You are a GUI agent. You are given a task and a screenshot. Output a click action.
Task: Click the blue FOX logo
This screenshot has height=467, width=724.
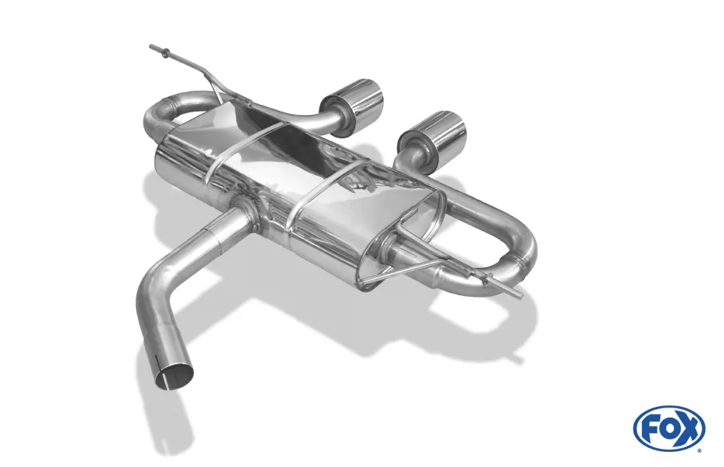click(x=668, y=428)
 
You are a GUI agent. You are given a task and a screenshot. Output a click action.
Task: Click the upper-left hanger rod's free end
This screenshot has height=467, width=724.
click(x=152, y=47)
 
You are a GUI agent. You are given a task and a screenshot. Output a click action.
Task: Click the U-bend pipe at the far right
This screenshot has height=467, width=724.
click(x=525, y=250)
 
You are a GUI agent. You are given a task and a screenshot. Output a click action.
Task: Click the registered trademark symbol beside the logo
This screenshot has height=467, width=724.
click(x=699, y=450)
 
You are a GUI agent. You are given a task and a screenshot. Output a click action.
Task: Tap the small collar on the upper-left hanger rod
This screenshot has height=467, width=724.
click(x=167, y=52)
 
